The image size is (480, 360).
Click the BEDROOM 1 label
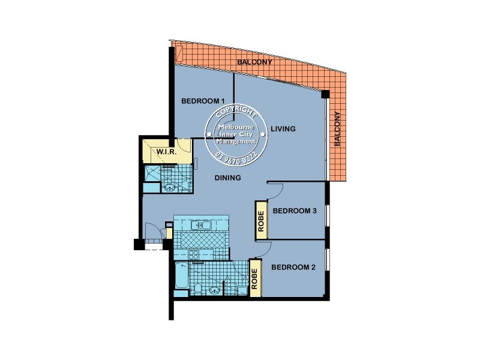[x=203, y=101]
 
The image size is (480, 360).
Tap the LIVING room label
[x=283, y=129]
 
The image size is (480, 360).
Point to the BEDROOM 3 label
[x=294, y=211]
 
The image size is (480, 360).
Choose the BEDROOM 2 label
[x=293, y=267]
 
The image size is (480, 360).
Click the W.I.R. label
[x=166, y=152]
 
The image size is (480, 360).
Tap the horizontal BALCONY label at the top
[x=255, y=62]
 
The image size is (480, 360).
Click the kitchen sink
[x=201, y=225]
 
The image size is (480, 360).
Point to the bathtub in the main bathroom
[x=181, y=278]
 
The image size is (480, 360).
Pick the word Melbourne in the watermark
[x=236, y=128]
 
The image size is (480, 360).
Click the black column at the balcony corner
[x=325, y=94]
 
